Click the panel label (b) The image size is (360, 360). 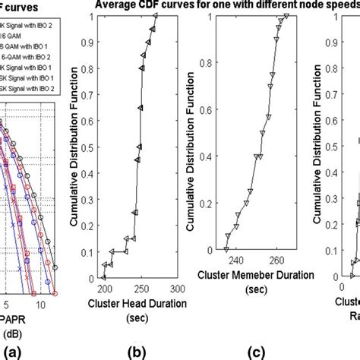coord(140,350)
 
